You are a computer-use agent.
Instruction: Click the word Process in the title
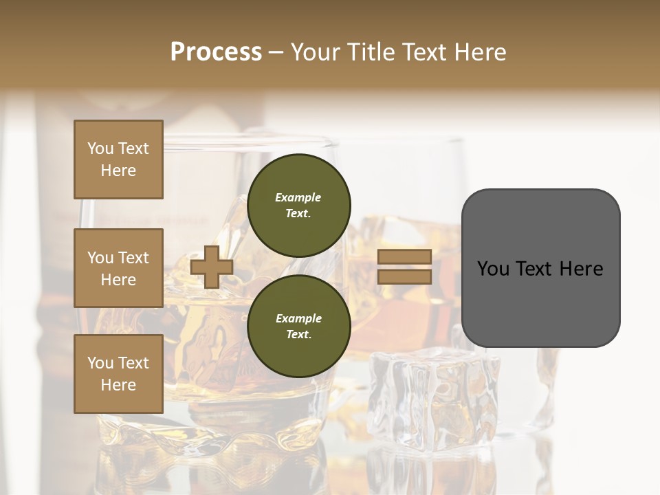pos(216,52)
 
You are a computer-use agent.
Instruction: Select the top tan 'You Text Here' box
pos(118,159)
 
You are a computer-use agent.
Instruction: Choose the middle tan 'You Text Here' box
pos(118,268)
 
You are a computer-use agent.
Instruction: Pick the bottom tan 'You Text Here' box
pos(118,374)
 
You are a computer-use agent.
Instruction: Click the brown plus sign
pos(211,267)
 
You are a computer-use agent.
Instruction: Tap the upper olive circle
pos(298,205)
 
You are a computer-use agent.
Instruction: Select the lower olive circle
pos(298,326)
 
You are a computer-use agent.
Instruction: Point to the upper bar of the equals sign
pos(404,257)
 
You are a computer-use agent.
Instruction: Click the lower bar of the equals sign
pos(404,276)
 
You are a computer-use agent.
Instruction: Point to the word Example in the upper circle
pos(298,197)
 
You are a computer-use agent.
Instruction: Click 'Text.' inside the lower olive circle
pos(298,334)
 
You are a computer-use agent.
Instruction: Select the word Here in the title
pos(478,52)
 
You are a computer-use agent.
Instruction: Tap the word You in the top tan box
pos(100,148)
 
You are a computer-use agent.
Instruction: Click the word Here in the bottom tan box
pos(118,385)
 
